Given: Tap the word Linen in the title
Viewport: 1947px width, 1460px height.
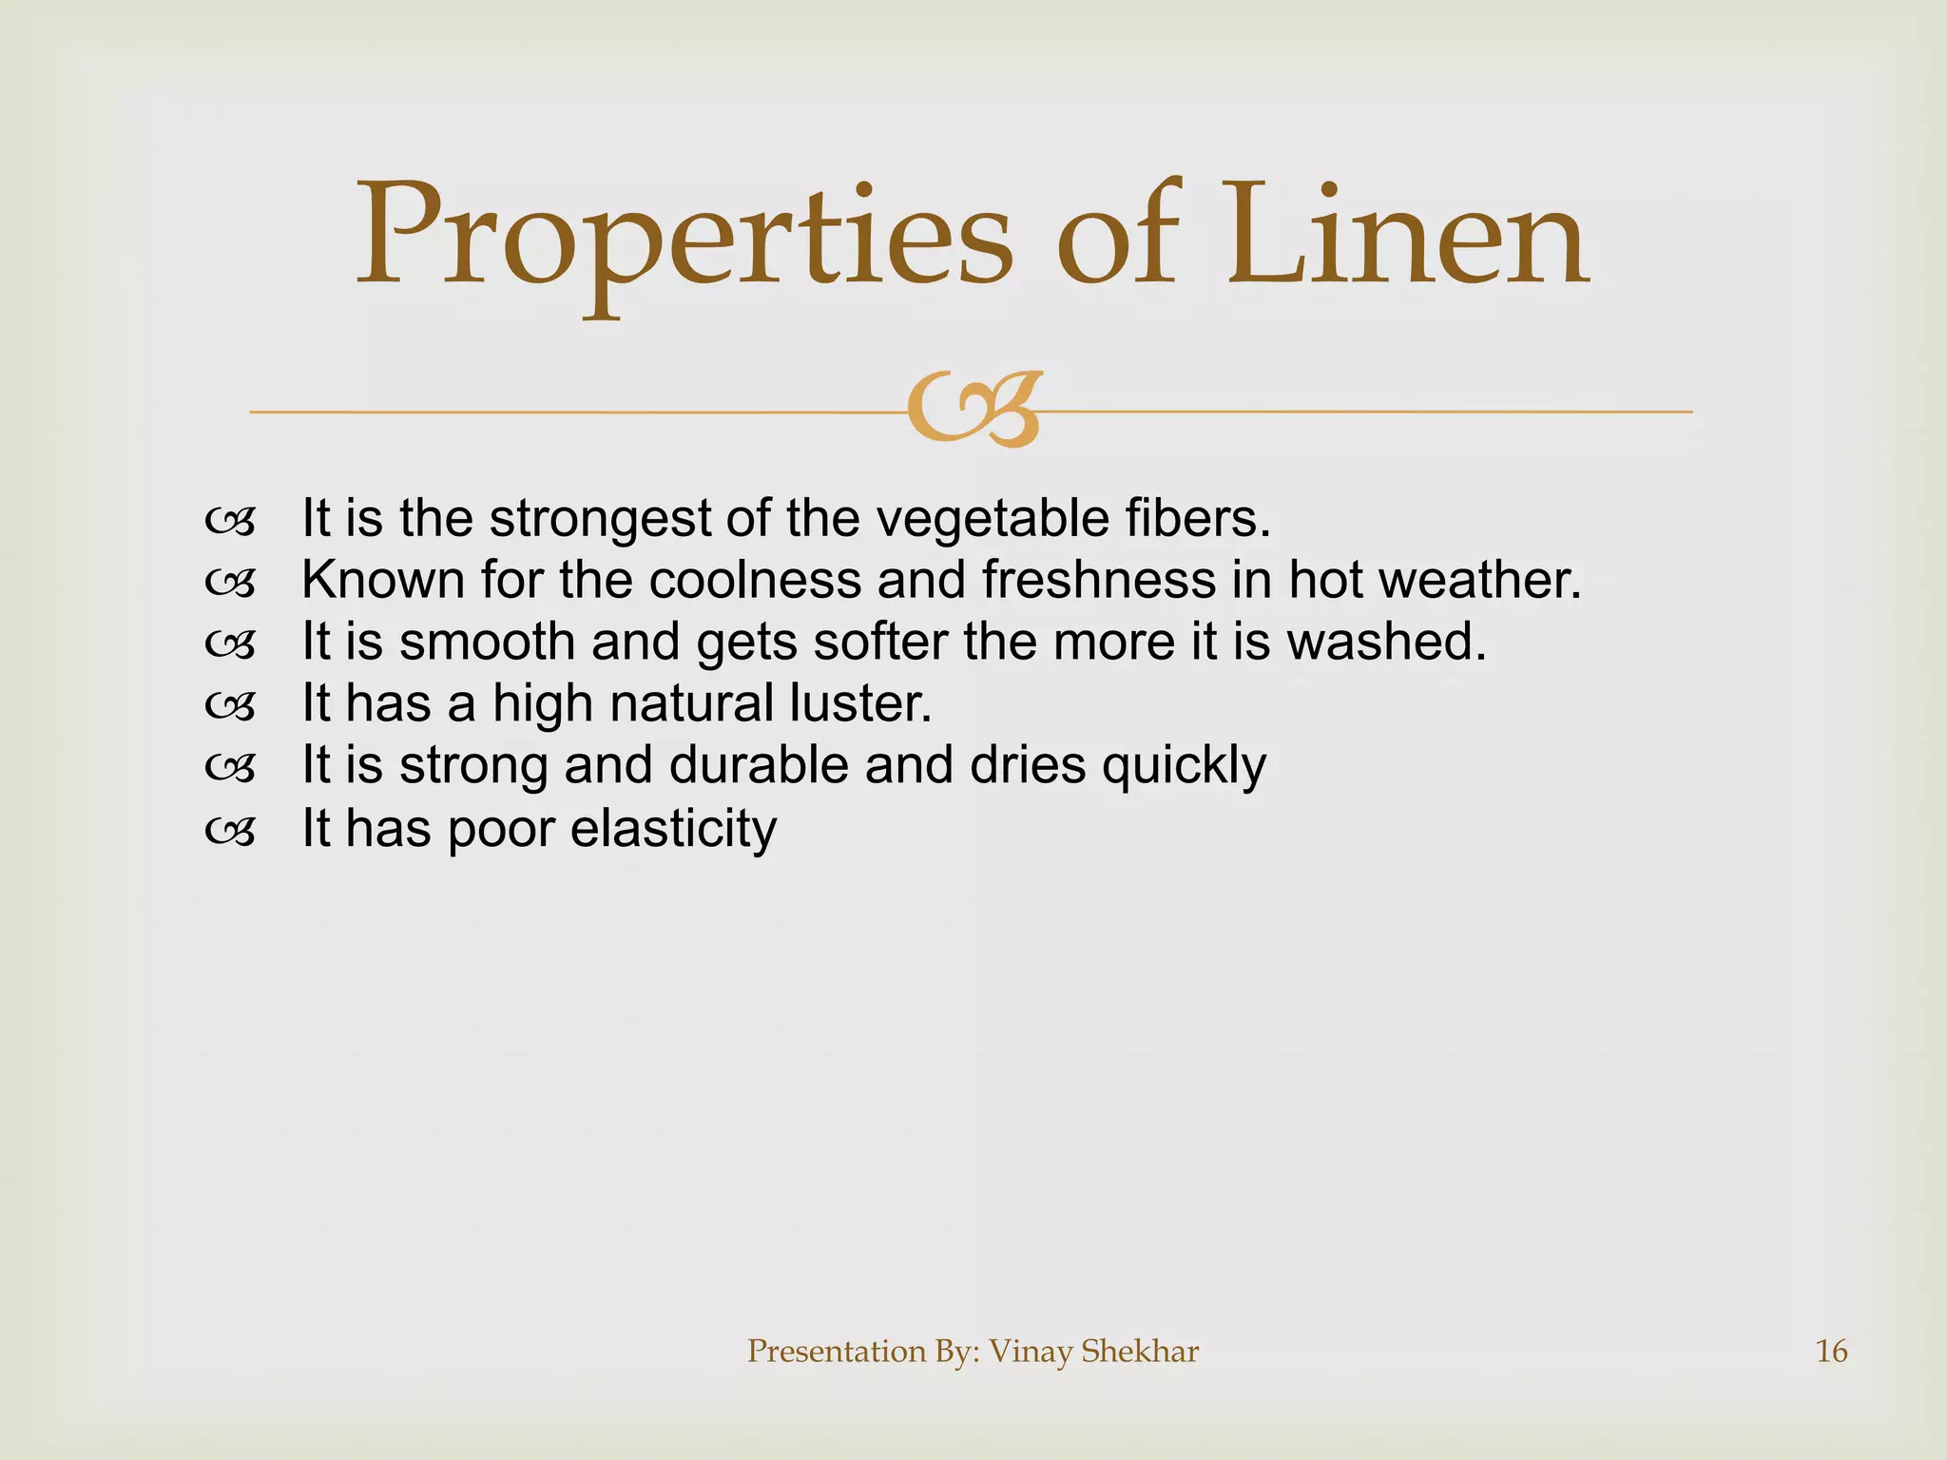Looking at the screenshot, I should [1407, 238].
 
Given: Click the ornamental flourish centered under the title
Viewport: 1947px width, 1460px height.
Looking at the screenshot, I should [975, 410].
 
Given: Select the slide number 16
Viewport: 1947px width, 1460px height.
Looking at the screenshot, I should [1831, 1351].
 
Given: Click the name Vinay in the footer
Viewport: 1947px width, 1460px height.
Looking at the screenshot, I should [1030, 1351].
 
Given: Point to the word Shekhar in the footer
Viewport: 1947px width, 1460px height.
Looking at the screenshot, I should [1140, 1351].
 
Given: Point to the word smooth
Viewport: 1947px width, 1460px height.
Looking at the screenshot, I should [487, 642].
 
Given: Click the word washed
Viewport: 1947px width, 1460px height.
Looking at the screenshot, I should [1386, 642].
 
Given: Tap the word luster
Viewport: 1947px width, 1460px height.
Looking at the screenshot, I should [860, 703].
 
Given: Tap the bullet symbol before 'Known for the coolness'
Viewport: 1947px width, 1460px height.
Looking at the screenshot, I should [230, 583].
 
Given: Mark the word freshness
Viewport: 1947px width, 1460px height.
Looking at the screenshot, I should [1098, 580].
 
